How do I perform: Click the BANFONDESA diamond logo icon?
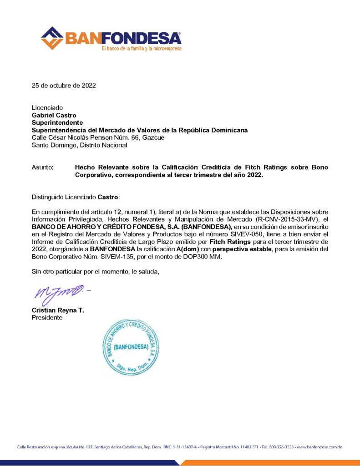coord(52,38)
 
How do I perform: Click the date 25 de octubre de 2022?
coord(64,85)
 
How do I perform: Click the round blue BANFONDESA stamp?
coord(131,347)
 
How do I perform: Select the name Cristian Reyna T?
coord(58,310)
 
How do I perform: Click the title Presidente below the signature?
coord(47,318)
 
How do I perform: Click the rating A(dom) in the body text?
coord(188,249)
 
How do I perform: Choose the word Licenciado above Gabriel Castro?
coord(47,108)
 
